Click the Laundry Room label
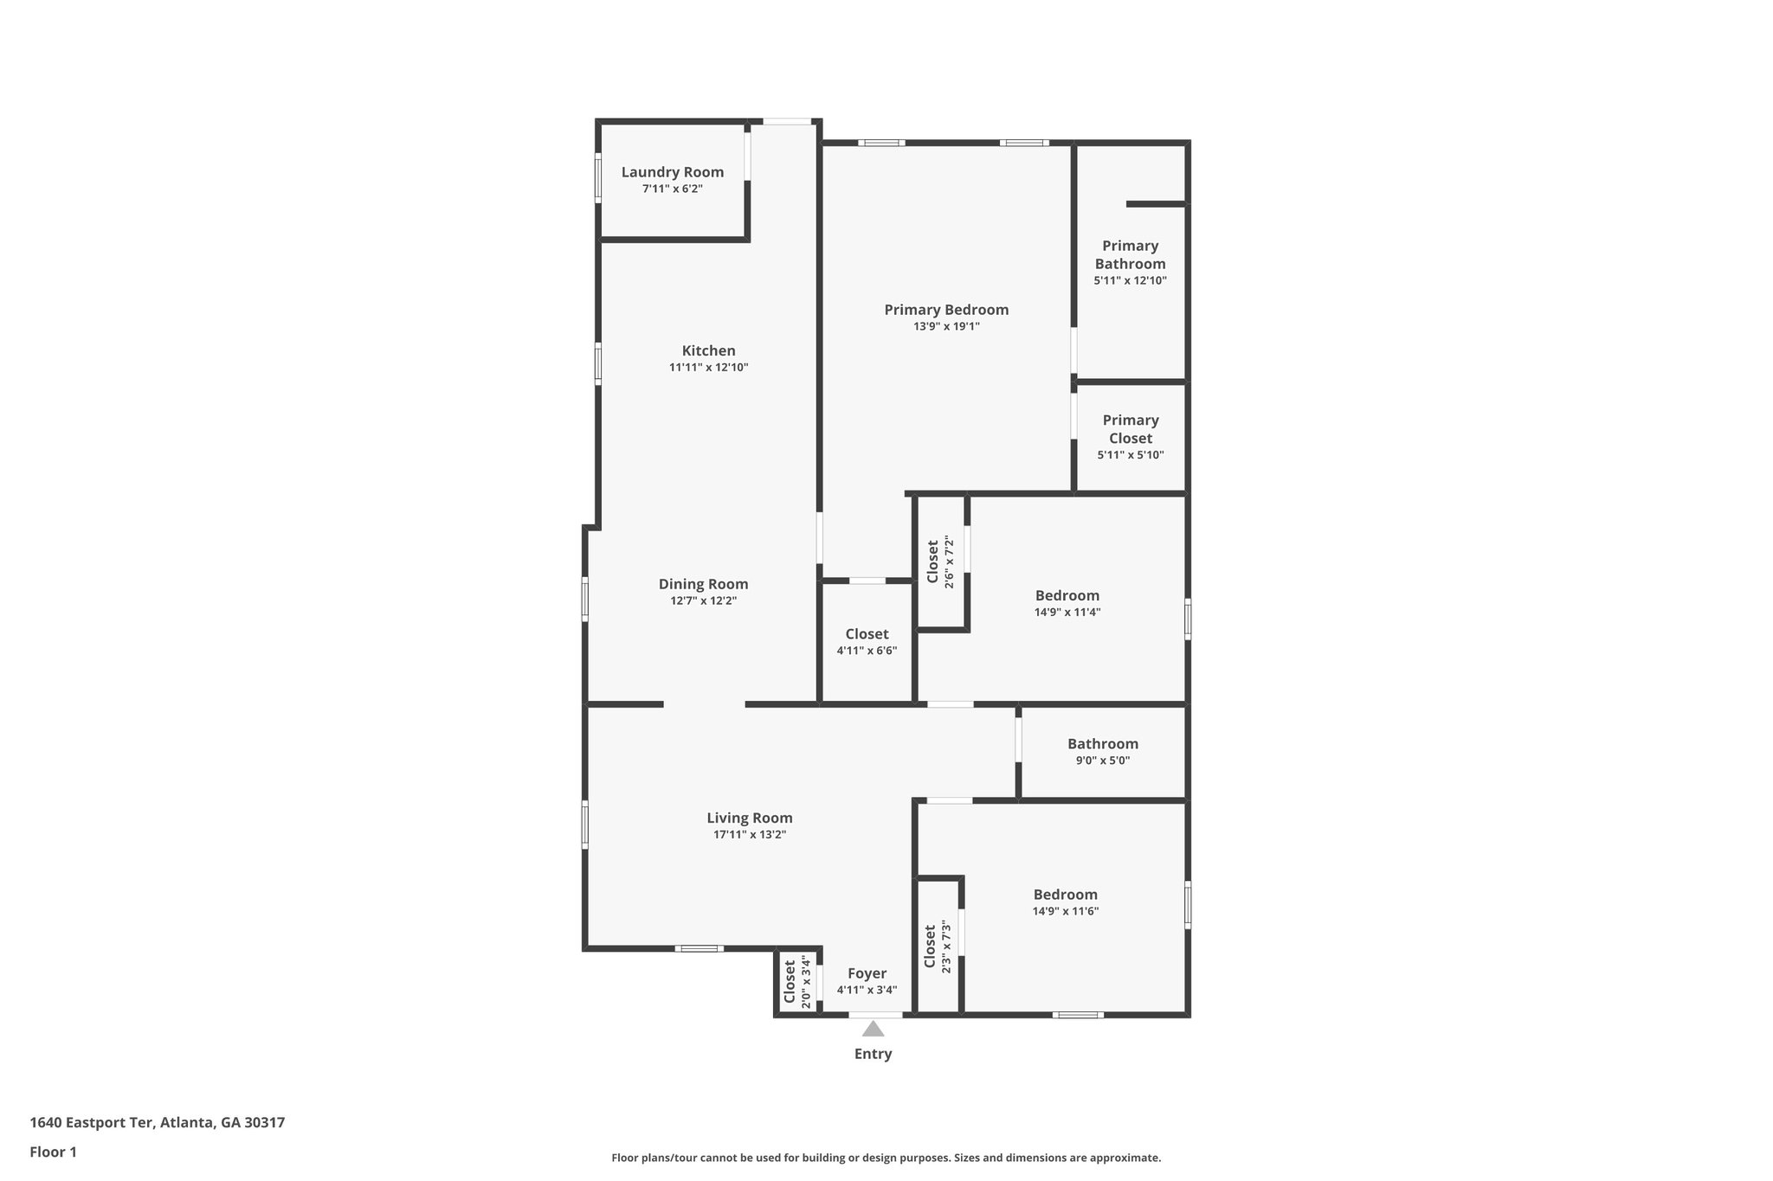(672, 172)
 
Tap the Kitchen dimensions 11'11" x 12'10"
(708, 368)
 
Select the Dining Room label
(703, 584)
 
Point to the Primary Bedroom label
(946, 310)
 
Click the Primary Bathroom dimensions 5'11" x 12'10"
(1130, 280)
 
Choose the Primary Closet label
(1130, 429)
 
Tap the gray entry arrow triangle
(873, 1029)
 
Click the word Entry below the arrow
(873, 1054)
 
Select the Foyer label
(867, 973)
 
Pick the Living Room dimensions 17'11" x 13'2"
(749, 835)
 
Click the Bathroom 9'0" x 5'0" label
(1102, 751)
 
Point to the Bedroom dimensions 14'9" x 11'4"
(1067, 612)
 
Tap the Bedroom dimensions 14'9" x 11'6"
(1065, 911)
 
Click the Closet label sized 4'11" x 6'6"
(867, 641)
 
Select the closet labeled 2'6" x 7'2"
(940, 562)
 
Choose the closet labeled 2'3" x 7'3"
(938, 947)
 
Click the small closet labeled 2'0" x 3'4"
(796, 982)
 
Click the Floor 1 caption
(53, 1152)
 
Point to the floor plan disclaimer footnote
(886, 1158)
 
